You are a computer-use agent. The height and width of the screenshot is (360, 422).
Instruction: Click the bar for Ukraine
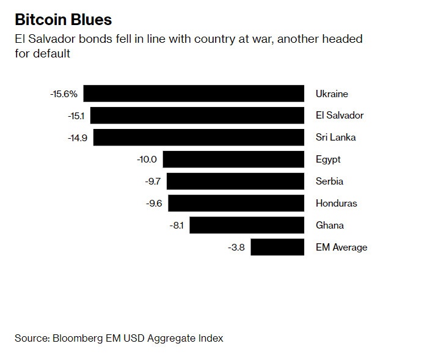click(x=194, y=94)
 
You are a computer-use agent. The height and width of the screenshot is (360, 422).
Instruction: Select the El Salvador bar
click(x=197, y=116)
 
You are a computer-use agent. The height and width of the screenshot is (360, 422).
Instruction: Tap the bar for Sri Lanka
click(x=198, y=138)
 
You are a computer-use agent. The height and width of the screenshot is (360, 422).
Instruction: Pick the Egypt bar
click(x=233, y=160)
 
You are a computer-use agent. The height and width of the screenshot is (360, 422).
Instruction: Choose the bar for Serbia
click(x=235, y=182)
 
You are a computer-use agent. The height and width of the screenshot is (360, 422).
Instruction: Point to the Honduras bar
click(x=236, y=204)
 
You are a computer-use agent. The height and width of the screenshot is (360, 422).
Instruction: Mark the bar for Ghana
click(x=247, y=226)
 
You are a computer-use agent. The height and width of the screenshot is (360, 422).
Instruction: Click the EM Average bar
click(x=277, y=248)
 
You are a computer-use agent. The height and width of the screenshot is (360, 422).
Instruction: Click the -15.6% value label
click(x=64, y=94)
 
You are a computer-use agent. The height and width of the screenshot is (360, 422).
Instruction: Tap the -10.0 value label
click(x=147, y=160)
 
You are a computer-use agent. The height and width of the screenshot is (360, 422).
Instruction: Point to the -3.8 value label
click(x=236, y=248)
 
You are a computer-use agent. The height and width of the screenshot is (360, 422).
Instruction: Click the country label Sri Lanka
click(x=335, y=138)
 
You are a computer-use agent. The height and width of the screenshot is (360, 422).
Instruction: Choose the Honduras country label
click(x=336, y=204)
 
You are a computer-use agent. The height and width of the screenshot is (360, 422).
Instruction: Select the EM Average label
click(x=341, y=248)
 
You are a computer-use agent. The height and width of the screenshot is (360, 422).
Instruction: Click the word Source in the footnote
click(x=31, y=338)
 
